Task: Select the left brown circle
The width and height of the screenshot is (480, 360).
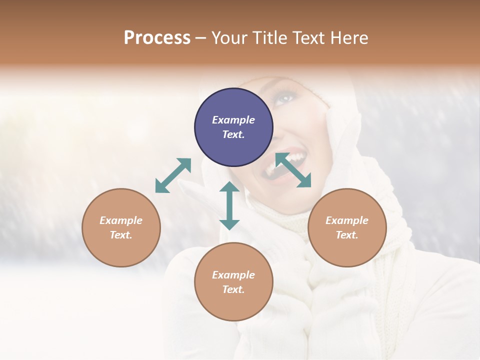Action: click(x=121, y=227)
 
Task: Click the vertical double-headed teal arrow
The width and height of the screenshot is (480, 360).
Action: click(x=229, y=205)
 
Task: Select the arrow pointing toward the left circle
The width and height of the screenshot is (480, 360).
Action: click(x=173, y=175)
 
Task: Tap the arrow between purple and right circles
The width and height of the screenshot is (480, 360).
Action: click(x=293, y=170)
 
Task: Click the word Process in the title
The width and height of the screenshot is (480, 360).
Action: click(x=157, y=37)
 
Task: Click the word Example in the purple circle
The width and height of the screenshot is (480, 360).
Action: click(x=233, y=120)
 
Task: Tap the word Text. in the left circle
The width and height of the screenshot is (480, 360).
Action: click(x=121, y=235)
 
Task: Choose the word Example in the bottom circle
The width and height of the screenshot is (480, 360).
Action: click(x=233, y=275)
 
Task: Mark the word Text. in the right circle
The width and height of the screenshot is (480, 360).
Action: click(x=347, y=235)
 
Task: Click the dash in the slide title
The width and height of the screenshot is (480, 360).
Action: click(x=201, y=38)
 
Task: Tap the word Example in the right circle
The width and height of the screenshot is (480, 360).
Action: click(x=347, y=220)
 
